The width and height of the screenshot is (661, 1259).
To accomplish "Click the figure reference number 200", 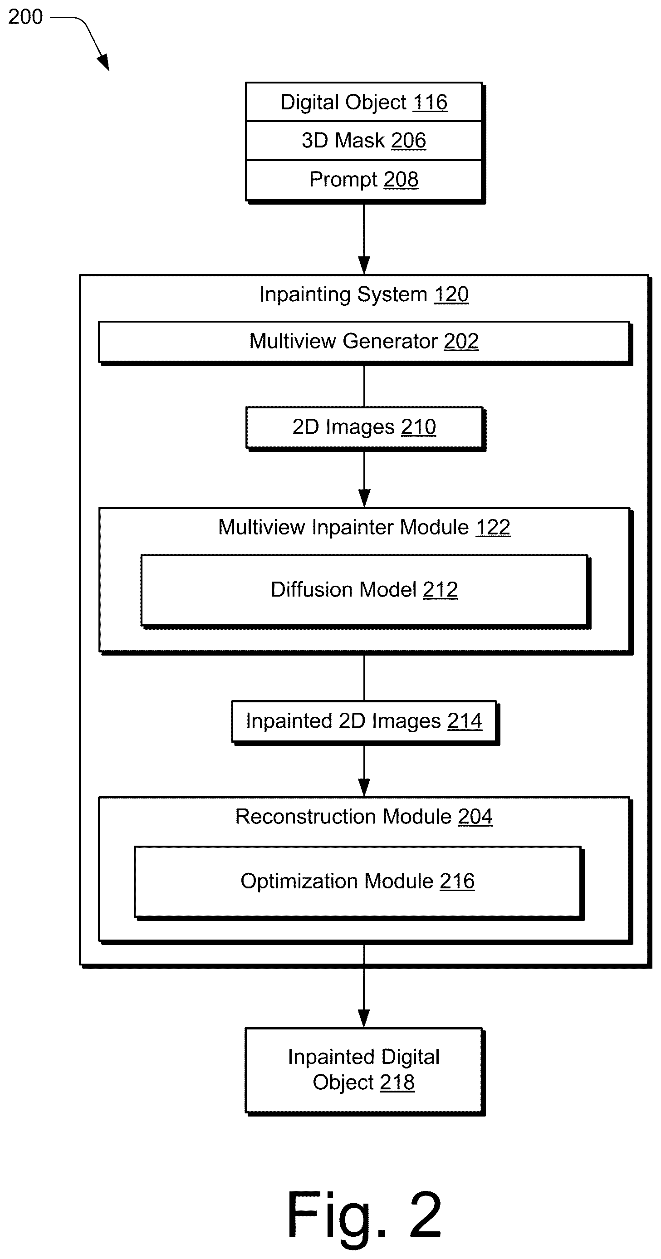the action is point(25,17).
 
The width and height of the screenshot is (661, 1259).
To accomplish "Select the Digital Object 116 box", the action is point(364,102).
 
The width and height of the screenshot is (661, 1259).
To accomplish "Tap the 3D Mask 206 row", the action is point(364,140).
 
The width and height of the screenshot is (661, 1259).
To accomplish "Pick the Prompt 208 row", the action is point(364,179).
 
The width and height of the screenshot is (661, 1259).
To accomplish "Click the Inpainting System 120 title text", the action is point(364,294).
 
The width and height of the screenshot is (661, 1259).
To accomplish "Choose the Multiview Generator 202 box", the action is point(364,342).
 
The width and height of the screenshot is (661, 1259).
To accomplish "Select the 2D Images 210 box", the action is point(364,427).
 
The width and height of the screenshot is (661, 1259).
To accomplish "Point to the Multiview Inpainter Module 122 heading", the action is point(364,527).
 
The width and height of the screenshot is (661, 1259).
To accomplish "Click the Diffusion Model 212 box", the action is point(364,590).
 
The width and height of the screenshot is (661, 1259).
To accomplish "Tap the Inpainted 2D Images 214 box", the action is point(364,721).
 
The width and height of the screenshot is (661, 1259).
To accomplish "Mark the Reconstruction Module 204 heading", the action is point(364,817).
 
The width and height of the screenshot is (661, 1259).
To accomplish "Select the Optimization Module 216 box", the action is point(357,882).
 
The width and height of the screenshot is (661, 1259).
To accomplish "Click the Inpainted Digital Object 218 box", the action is point(364,1070).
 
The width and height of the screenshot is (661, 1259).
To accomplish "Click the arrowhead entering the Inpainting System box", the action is point(364,265).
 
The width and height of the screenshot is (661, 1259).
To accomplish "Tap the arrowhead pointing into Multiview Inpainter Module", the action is point(364,499).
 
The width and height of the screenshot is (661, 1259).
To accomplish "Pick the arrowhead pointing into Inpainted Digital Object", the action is point(364,1019).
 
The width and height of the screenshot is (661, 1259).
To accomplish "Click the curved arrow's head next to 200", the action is point(103,63).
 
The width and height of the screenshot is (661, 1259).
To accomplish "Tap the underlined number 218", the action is point(397,1083).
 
